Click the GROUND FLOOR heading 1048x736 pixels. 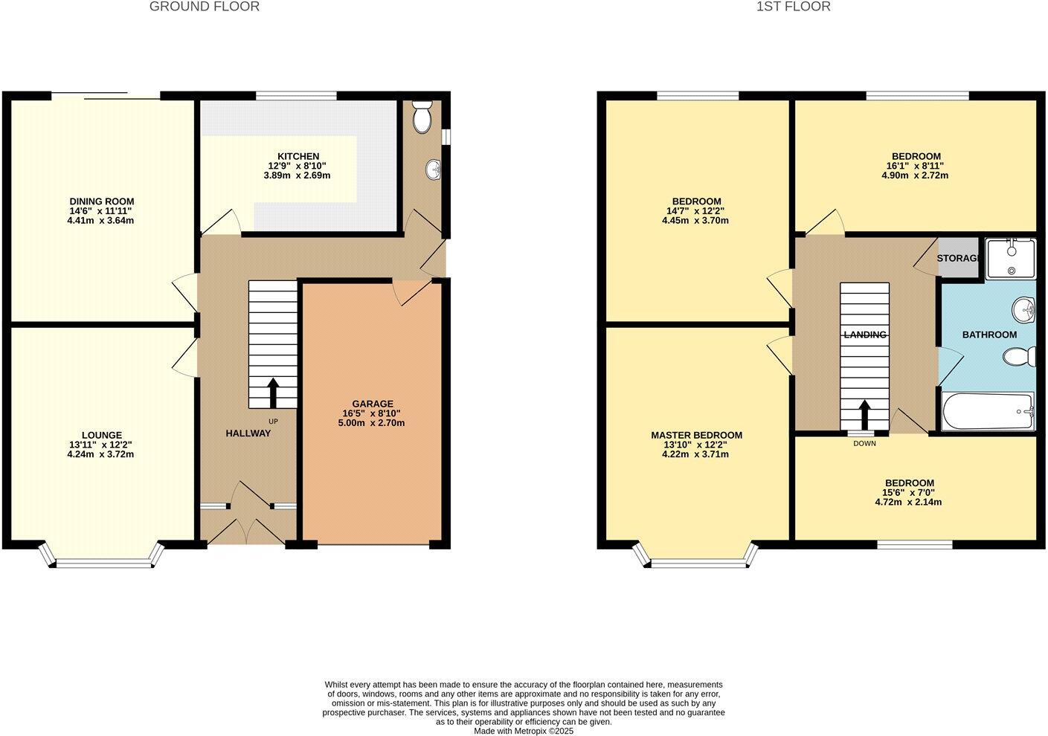tap(205, 7)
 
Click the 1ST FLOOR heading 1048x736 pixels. tap(793, 7)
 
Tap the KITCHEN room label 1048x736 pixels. tap(298, 156)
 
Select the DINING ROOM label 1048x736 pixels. tap(102, 201)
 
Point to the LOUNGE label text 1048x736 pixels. tap(102, 435)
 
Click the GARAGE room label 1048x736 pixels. tap(373, 404)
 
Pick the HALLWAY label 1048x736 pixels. tap(248, 433)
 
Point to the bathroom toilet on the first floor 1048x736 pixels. tap(1020, 358)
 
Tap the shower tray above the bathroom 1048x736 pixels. tap(1010, 258)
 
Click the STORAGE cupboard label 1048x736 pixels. tap(957, 258)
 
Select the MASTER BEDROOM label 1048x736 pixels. tap(696, 435)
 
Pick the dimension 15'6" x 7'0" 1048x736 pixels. tap(908, 492)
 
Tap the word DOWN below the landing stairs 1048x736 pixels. tap(864, 444)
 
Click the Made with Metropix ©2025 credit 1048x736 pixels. tap(524, 731)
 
